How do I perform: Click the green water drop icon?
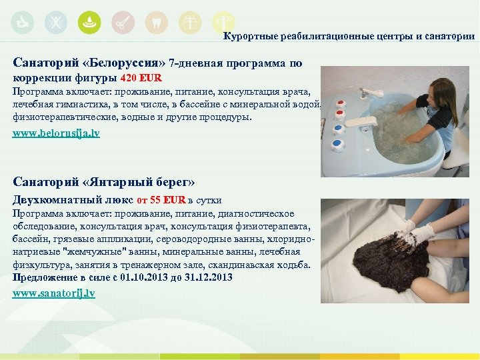pyautogui.click(x=89, y=23)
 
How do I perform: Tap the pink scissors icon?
pyautogui.click(x=122, y=23)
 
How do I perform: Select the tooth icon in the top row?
pyautogui.click(x=156, y=23)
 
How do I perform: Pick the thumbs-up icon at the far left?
pyautogui.click(x=21, y=23)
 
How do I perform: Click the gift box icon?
pyautogui.click(x=190, y=23)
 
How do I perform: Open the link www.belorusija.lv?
pyautogui.click(x=56, y=133)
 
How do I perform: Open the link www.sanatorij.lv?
pyautogui.click(x=53, y=293)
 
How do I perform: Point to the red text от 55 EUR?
pyautogui.click(x=161, y=200)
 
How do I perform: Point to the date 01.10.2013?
pyautogui.click(x=147, y=277)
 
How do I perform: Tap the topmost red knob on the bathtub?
pyautogui.click(x=341, y=103)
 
